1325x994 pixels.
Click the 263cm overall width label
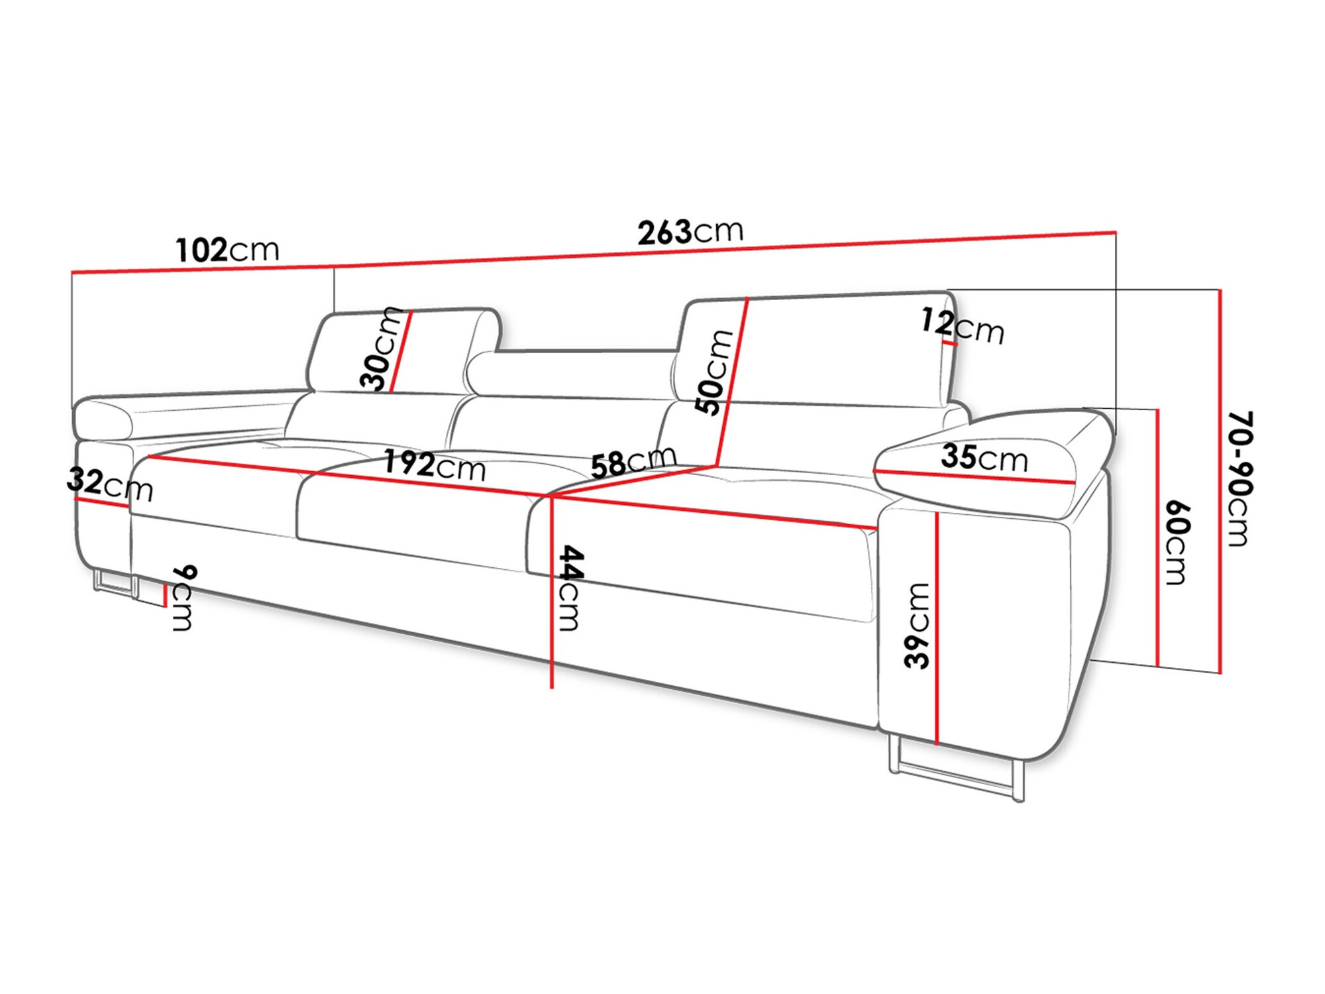pyautogui.click(x=690, y=232)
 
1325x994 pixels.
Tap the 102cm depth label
pyautogui.click(x=227, y=250)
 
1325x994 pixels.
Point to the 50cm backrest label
pyautogui.click(x=714, y=372)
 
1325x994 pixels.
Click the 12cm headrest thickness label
pyautogui.click(x=962, y=326)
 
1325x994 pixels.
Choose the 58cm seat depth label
pyautogui.click(x=633, y=461)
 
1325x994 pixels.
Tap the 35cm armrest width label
pyautogui.click(x=984, y=458)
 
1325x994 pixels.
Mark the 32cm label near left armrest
pyautogui.click(x=109, y=484)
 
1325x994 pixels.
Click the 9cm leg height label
pyautogui.click(x=184, y=598)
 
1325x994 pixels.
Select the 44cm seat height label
pyautogui.click(x=570, y=588)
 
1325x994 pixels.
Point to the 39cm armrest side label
pyautogui.click(x=918, y=625)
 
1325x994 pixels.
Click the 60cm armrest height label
pyautogui.click(x=1177, y=543)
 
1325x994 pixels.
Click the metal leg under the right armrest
pyautogui.click(x=954, y=775)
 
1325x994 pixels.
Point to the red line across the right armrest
pyautogui.click(x=974, y=476)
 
